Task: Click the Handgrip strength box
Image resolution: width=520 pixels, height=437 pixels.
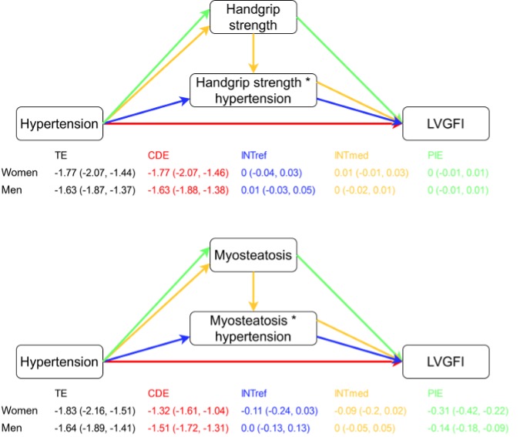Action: click(x=253, y=18)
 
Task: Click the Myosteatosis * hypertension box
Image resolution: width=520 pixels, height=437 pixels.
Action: click(x=253, y=328)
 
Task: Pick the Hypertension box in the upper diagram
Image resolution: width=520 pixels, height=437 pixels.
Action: click(x=59, y=123)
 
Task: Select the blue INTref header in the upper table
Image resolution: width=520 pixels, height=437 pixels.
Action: click(x=253, y=154)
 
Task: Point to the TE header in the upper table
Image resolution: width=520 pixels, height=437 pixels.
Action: click(x=60, y=154)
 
